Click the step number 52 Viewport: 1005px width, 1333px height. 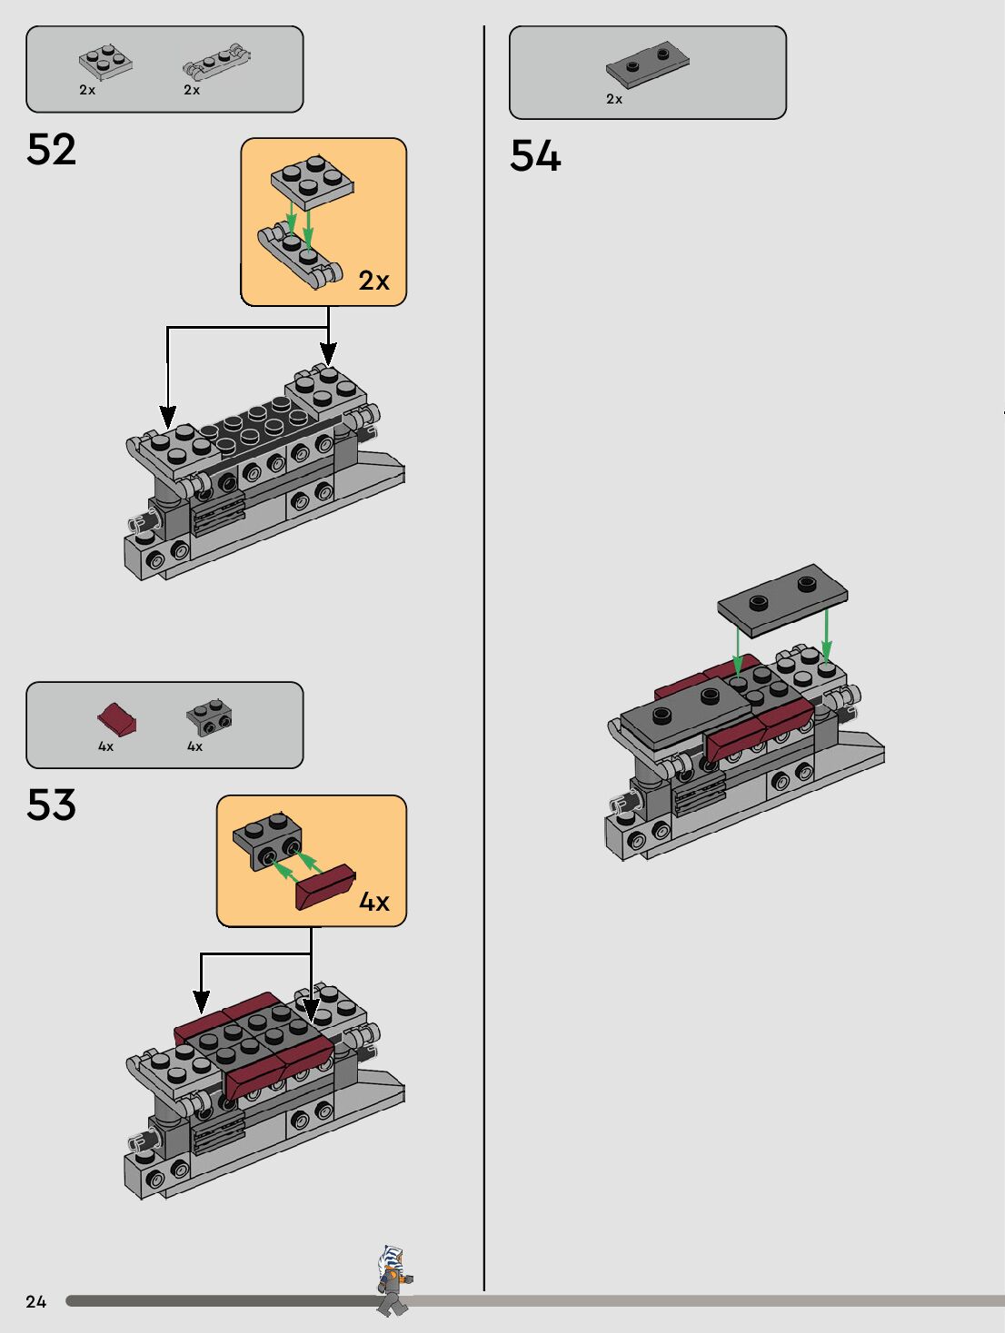point(52,150)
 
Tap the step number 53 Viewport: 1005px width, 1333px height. point(52,805)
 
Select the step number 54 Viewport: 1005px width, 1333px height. point(535,155)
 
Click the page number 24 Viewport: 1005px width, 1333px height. point(35,1301)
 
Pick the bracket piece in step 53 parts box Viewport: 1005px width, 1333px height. point(209,717)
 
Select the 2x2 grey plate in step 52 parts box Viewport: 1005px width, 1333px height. point(105,62)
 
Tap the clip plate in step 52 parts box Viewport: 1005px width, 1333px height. point(216,61)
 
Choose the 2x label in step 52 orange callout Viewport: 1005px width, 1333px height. point(373,281)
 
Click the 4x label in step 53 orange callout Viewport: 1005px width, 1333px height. point(373,902)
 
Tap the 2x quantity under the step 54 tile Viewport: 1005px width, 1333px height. point(614,99)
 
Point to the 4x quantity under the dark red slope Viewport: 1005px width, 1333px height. point(105,746)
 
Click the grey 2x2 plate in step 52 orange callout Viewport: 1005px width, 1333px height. point(312,181)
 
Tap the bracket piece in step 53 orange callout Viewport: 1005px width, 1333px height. point(267,840)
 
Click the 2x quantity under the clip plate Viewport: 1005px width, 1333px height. point(192,90)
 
